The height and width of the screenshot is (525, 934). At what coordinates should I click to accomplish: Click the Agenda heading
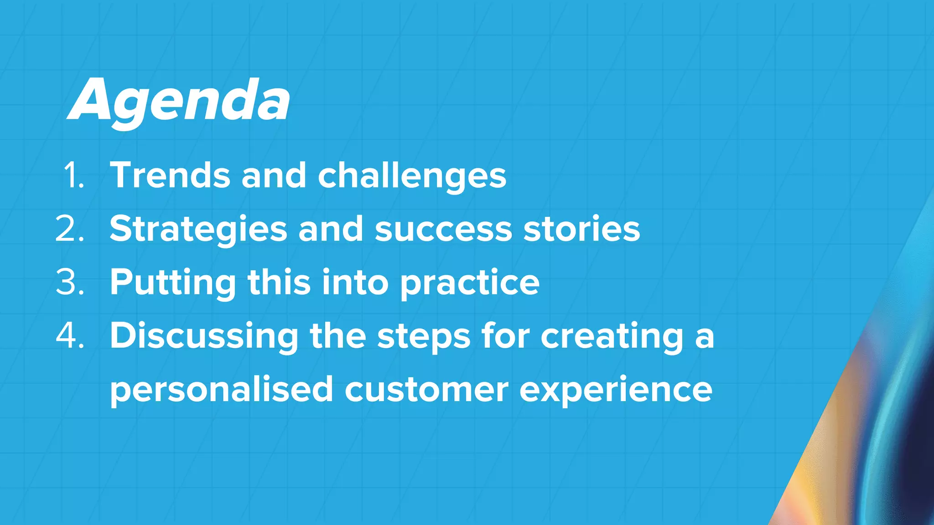click(x=179, y=101)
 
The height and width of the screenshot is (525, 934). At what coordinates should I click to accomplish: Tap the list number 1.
click(x=73, y=175)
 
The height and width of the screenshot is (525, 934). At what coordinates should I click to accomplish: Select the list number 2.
click(x=70, y=229)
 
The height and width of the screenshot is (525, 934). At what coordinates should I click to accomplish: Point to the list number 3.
click(x=70, y=282)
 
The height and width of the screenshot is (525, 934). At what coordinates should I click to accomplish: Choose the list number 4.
click(x=70, y=336)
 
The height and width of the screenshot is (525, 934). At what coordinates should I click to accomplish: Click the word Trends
click(x=170, y=175)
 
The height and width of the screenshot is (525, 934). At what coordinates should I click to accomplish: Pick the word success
click(x=443, y=229)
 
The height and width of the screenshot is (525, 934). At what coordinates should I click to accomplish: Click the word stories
click(x=581, y=229)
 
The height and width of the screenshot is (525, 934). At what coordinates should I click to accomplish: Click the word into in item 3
click(x=355, y=282)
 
